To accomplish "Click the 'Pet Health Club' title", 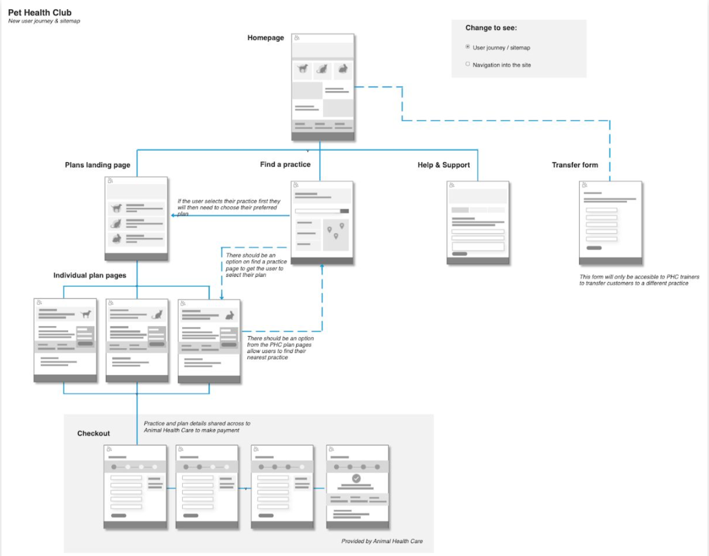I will point(40,13).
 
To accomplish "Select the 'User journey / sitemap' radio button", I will point(468,47).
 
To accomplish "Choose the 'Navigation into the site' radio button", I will point(468,64).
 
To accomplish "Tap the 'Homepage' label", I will point(265,38).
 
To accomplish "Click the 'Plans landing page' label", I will point(97,165).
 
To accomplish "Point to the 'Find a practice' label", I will point(285,165).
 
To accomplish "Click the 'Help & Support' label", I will point(444,165).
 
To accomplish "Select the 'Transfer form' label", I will point(574,165).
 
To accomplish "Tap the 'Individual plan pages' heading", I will point(90,275).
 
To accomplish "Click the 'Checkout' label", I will point(93,433).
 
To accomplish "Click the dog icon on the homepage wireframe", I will point(303,69).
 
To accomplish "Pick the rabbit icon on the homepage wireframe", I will point(343,69).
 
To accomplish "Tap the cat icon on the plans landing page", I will point(116,223).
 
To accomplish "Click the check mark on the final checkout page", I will point(356,478).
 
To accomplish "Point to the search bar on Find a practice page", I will point(317,211).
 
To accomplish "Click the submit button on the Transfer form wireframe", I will point(594,248).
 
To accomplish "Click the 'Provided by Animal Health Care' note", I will point(382,541).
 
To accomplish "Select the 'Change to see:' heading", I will point(491,28).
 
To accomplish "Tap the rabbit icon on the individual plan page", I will point(230,315).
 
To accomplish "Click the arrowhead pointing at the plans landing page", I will point(173,215).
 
